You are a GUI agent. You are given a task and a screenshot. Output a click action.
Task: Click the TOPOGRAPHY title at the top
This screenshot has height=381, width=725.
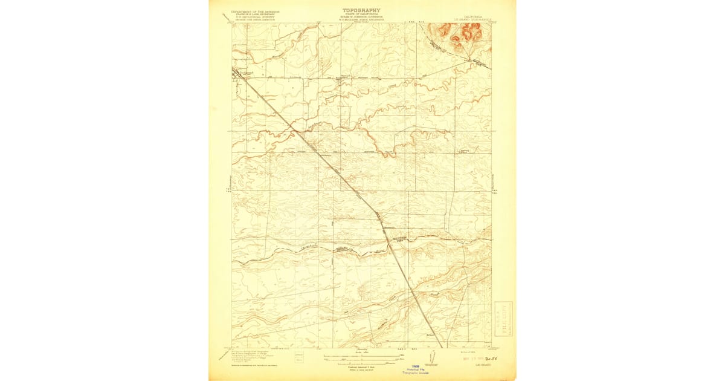tap(362, 10)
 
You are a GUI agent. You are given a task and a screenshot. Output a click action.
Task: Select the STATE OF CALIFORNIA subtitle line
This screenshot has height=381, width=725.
tap(362, 15)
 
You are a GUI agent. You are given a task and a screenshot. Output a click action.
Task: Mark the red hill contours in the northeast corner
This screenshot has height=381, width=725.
tap(462, 35)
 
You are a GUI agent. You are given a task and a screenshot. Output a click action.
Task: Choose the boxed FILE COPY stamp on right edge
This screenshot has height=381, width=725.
tap(502, 317)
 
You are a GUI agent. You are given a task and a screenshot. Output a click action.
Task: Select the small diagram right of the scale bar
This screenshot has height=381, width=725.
tap(431, 358)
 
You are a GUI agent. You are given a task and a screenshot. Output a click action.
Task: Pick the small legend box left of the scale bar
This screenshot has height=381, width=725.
tap(300, 359)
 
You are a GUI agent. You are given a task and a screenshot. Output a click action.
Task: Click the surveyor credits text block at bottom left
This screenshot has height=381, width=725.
tap(248, 357)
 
